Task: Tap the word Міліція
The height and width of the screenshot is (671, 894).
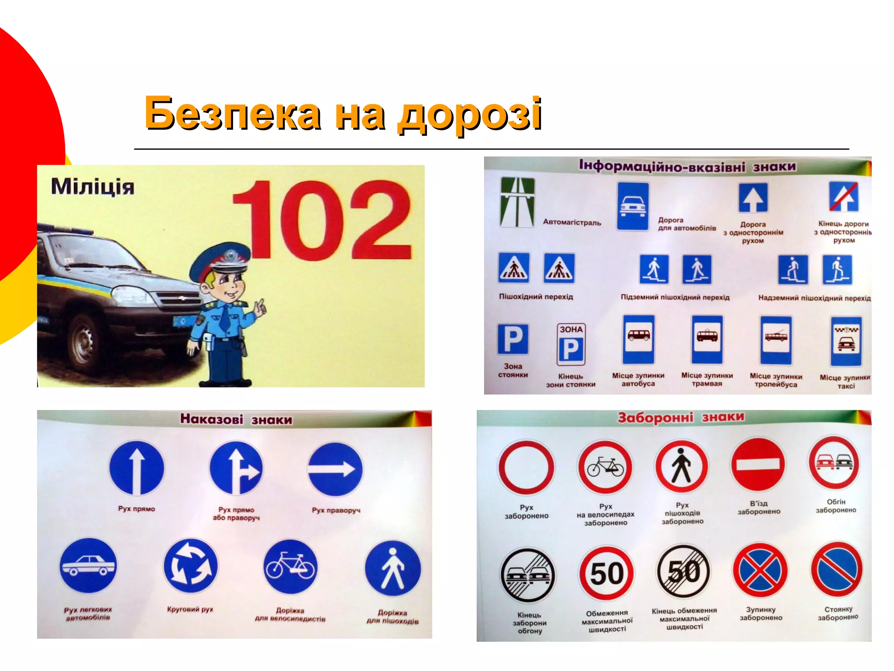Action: (x=93, y=187)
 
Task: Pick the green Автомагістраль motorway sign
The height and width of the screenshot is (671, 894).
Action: (x=517, y=202)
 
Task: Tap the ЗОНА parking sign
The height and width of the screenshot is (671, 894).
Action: (x=571, y=344)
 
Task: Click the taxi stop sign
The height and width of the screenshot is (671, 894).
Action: (x=846, y=341)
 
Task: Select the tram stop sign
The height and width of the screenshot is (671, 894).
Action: (x=707, y=339)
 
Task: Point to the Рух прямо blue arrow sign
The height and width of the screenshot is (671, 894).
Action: (x=137, y=468)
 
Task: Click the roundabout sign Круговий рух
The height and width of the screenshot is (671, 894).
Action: (x=190, y=567)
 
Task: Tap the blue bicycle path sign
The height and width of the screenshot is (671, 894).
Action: (x=290, y=567)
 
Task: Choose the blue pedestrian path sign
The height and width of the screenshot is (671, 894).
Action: (x=393, y=568)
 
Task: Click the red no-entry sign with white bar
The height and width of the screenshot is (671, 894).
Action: (x=758, y=464)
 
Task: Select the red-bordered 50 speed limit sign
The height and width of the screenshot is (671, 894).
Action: (x=606, y=573)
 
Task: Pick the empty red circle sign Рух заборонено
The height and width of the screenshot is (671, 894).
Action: (x=526, y=467)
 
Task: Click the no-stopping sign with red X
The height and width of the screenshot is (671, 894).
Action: (x=760, y=571)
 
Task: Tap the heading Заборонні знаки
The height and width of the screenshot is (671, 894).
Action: (x=681, y=417)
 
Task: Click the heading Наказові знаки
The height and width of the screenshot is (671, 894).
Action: (x=236, y=419)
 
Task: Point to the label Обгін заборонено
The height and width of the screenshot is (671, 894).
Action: (x=836, y=506)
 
